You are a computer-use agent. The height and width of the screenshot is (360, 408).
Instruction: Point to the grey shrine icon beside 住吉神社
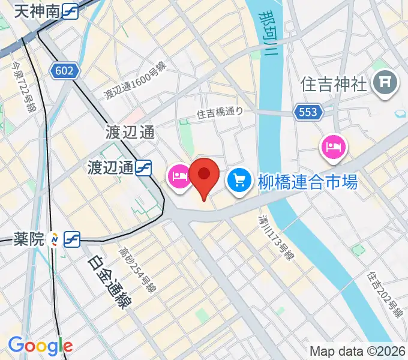tap(385, 83)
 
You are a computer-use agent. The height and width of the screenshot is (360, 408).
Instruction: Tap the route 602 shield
tap(64, 71)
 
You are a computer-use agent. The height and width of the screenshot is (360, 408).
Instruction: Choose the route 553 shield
tap(309, 111)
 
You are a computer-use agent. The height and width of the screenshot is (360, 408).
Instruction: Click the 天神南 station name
tap(36, 10)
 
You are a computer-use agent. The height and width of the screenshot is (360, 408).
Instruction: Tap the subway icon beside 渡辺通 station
tap(143, 168)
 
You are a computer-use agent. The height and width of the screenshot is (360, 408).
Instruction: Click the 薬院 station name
tap(28, 239)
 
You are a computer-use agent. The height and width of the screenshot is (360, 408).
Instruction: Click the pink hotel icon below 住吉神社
tap(333, 147)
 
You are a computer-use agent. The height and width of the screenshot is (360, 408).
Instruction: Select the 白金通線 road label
tap(109, 283)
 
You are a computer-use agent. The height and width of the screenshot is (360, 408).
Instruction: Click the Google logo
tap(40, 346)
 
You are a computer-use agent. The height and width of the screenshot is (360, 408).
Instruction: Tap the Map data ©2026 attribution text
tap(357, 351)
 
